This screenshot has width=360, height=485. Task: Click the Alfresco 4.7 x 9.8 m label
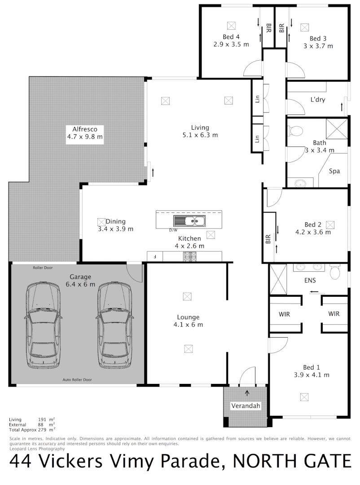(85, 132)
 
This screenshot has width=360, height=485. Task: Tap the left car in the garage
(43, 325)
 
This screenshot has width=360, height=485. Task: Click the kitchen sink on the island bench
(189, 220)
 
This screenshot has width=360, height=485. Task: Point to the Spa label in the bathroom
(334, 171)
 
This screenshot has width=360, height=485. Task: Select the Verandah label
(246, 406)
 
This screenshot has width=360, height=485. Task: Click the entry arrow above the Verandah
(247, 393)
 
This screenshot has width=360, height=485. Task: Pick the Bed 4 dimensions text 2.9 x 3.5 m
(231, 44)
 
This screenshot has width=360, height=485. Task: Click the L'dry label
(317, 100)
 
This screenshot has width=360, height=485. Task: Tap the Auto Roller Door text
(77, 380)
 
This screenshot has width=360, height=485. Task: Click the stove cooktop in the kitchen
(189, 256)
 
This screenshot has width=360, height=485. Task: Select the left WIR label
(285, 314)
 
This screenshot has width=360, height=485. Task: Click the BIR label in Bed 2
(268, 239)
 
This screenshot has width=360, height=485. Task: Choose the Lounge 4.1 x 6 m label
(188, 321)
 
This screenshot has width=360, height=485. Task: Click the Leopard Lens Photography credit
(37, 449)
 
